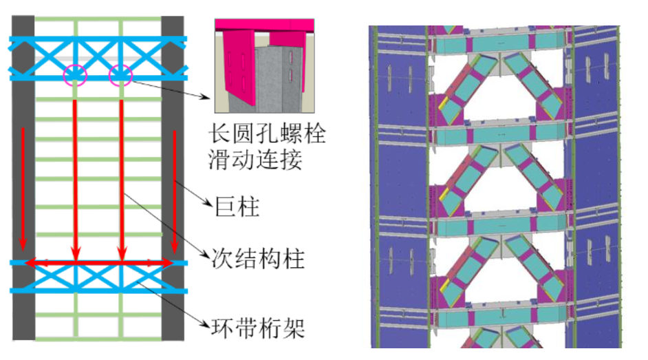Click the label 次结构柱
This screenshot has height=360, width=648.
coord(256,260)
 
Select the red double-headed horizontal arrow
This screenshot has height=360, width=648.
coord(98,263)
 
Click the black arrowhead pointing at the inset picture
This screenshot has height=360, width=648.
coord(208,96)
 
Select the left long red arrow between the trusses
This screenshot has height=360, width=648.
coord(75,176)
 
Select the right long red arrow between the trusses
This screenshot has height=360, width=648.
coord(121,176)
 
